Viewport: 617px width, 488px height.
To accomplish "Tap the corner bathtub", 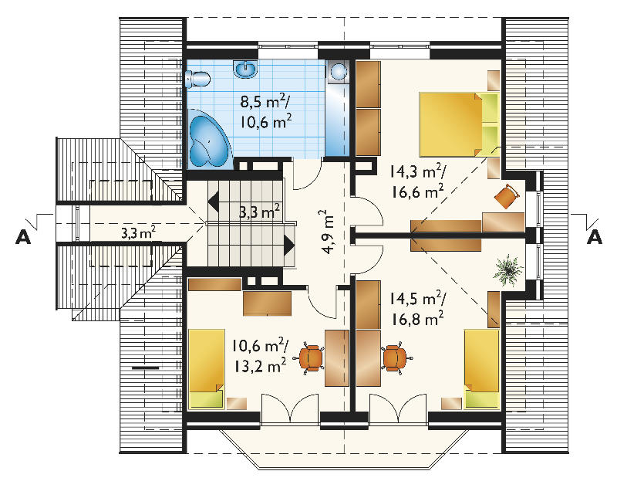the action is [x=208, y=139].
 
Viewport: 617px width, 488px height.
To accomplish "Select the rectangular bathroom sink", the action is [x=246, y=69].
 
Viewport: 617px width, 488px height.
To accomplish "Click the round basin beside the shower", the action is [x=339, y=71].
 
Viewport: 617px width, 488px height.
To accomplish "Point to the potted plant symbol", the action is [x=509, y=270].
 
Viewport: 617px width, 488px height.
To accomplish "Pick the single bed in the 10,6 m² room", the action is [x=207, y=368].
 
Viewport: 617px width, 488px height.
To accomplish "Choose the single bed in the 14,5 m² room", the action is [x=482, y=368].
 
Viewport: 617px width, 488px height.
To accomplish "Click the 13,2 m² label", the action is [x=260, y=365].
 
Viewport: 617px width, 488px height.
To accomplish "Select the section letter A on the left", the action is [x=23, y=237].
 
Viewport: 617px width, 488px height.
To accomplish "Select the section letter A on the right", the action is [x=594, y=237].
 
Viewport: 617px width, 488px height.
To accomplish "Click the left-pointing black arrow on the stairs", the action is [x=214, y=203].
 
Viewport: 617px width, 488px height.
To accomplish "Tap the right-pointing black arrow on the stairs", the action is [x=289, y=246].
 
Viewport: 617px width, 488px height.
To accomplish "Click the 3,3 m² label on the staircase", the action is [x=260, y=212].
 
